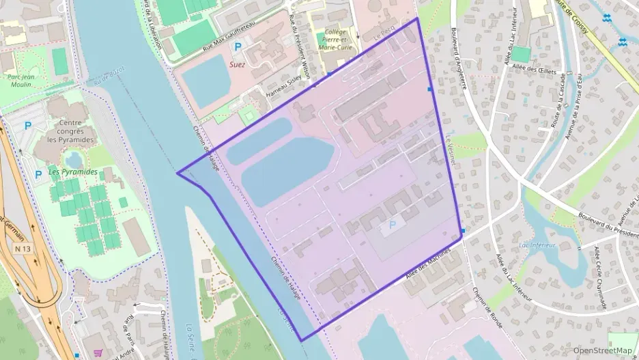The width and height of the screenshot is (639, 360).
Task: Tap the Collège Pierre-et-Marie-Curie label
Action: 336,40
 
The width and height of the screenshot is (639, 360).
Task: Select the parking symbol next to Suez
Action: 238,47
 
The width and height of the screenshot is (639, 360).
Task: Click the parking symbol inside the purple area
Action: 392,225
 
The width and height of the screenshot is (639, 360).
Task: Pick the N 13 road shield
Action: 23,249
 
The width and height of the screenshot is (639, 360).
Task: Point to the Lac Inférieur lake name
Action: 537,245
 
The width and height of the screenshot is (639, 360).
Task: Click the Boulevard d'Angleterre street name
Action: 458,58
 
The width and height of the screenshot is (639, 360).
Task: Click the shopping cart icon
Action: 98,354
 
